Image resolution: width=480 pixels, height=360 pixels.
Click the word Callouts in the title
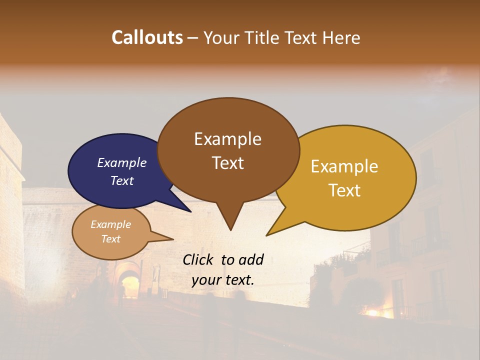coord(147,37)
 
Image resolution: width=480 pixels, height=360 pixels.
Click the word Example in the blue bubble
coord(121,162)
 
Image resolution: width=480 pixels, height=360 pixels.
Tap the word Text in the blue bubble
coord(121,180)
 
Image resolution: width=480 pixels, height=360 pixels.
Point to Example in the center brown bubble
coord(227,139)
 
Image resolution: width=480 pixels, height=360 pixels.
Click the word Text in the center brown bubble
coord(227,163)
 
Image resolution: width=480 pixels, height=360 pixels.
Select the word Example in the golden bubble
coord(344,166)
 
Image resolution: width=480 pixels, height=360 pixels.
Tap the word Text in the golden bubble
coord(344,190)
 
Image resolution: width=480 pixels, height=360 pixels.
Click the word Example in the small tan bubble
coord(110,224)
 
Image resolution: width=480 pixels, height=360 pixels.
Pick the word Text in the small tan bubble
coord(110,239)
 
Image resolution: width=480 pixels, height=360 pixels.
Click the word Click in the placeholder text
coord(199,259)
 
